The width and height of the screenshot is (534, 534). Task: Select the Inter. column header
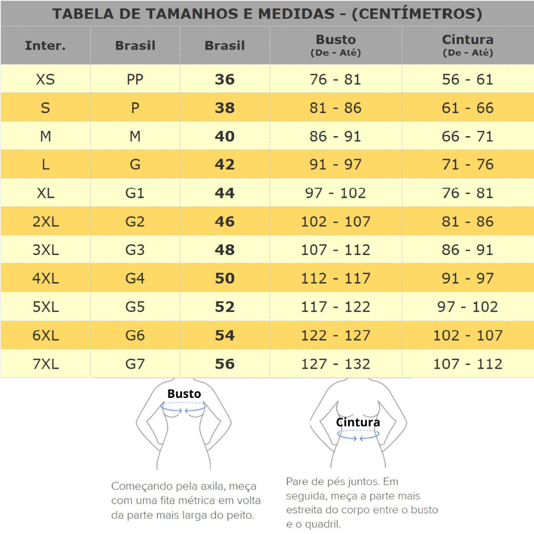45,45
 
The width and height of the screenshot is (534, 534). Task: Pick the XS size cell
45,80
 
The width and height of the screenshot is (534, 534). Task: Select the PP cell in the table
135,80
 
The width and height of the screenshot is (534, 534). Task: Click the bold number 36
225,80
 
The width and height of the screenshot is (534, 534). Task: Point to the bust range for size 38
335,108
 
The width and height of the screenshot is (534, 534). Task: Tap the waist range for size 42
467,165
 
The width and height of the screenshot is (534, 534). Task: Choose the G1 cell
135,193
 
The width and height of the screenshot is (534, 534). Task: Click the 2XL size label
45,222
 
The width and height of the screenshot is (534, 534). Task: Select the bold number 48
225,250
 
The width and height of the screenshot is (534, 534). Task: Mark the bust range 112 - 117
335,278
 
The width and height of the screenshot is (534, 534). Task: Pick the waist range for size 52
467,307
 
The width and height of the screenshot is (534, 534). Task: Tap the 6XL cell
45,335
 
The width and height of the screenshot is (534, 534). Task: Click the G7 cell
135,363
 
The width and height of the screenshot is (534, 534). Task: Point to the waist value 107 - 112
467,363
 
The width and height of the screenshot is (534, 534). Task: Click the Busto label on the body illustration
184,394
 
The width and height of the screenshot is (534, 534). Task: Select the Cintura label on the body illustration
358,422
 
